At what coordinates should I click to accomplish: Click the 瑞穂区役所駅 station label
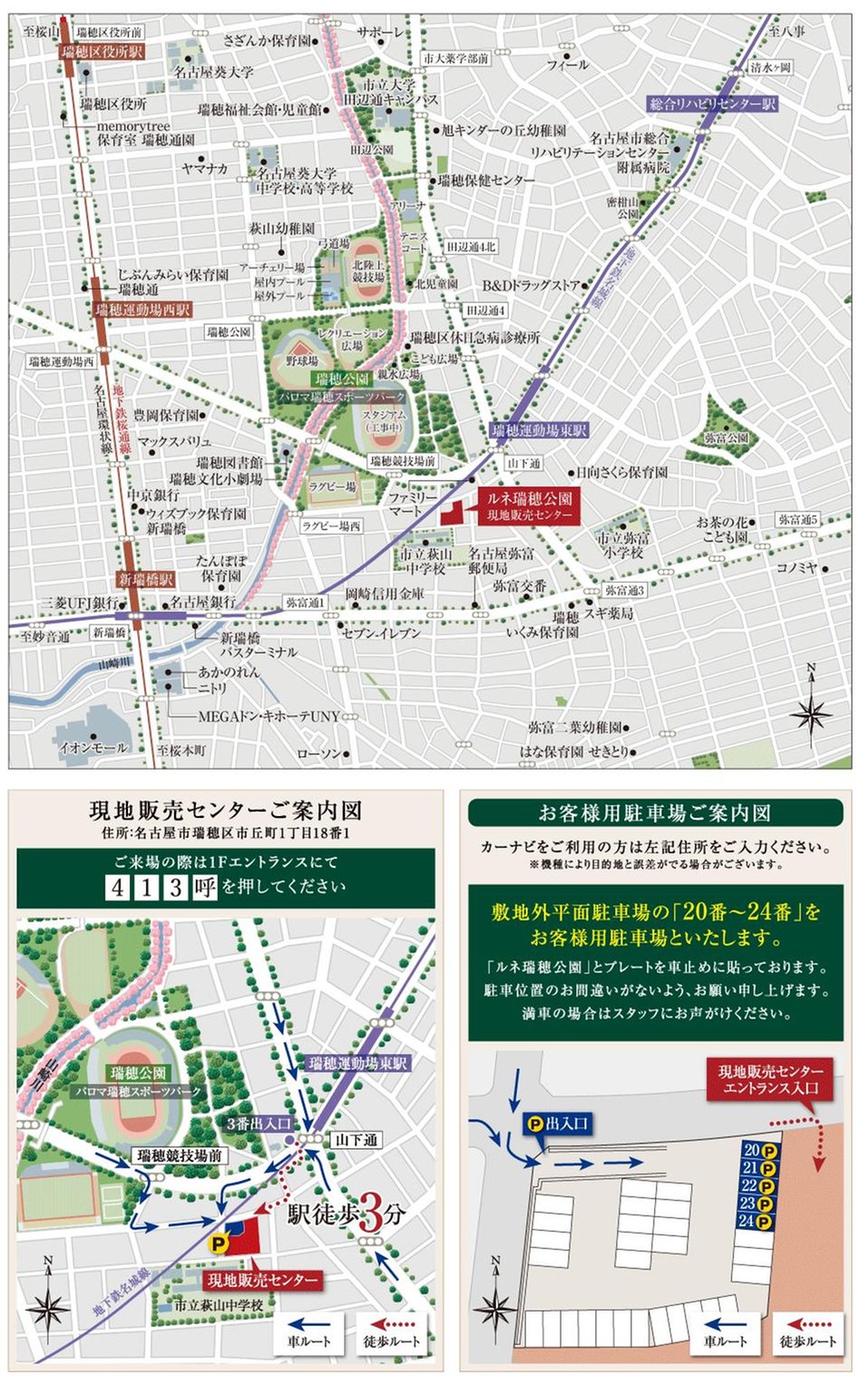[x=103, y=52]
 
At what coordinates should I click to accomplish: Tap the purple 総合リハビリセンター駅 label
[x=713, y=103]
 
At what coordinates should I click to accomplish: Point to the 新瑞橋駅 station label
[x=145, y=578]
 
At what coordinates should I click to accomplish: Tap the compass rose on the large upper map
[x=810, y=711]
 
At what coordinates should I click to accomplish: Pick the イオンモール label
[x=93, y=746]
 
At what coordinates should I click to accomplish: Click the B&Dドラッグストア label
[x=531, y=285]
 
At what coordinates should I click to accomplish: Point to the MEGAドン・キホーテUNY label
[x=269, y=716]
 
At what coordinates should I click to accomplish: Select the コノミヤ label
[x=796, y=567]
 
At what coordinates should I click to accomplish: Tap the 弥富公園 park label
[x=726, y=437]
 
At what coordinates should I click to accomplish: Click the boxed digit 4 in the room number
[x=117, y=887]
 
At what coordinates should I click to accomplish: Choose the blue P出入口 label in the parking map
[x=557, y=1124]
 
